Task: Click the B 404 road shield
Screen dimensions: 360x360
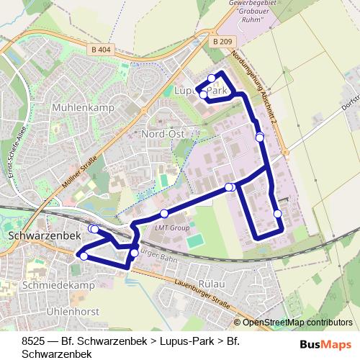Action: tap(104, 50)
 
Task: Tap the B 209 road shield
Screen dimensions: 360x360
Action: tap(222, 43)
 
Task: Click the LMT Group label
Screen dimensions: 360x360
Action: tap(171, 228)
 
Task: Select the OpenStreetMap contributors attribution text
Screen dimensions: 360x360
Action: tap(297, 323)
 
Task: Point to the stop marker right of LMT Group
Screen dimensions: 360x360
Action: tap(230, 187)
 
